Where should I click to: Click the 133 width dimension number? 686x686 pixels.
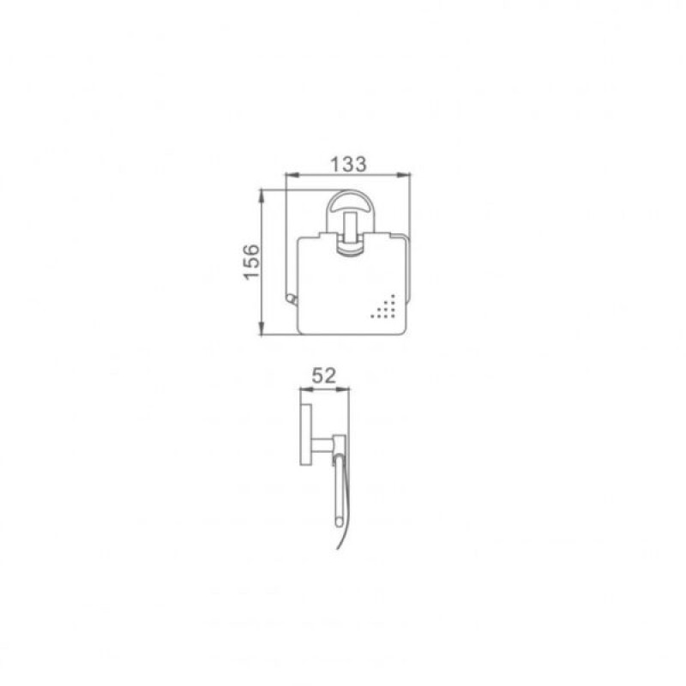tap(348, 164)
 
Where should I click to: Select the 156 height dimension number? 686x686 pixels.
tap(251, 262)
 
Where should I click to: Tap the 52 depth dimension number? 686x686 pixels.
tap(324, 376)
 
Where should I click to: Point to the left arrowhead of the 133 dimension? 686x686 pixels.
tap(292, 175)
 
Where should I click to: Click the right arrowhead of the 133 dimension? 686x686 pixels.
tap(404, 175)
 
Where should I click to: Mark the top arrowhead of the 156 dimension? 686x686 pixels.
tap(262, 196)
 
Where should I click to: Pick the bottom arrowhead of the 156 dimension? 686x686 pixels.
tap(262, 329)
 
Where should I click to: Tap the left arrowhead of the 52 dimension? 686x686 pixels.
tap(306, 388)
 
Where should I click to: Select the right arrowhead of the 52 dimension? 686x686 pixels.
tap(344, 388)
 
